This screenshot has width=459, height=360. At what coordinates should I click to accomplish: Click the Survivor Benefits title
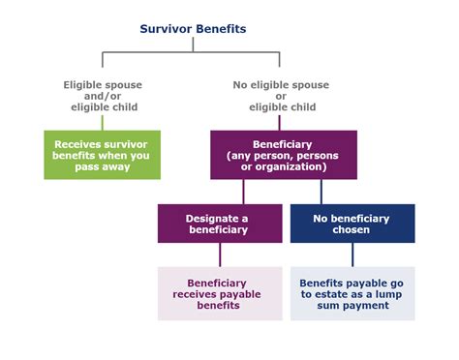tap(194, 29)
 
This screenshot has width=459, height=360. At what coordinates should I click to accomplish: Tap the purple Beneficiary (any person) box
tap(283, 155)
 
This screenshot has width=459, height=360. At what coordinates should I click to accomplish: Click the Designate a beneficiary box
tap(220, 224)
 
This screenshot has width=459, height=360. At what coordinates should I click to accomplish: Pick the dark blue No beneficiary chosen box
tap(352, 224)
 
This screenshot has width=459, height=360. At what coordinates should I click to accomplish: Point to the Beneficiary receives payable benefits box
tap(220, 293)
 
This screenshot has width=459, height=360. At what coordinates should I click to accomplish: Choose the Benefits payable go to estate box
tap(352, 293)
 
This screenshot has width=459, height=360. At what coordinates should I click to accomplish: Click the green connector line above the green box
tap(102, 122)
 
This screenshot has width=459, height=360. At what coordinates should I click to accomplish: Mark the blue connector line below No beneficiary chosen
tap(352, 254)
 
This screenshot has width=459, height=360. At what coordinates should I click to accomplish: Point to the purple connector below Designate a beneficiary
tap(220, 254)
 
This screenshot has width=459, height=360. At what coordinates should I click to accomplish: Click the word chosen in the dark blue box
tap(352, 230)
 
